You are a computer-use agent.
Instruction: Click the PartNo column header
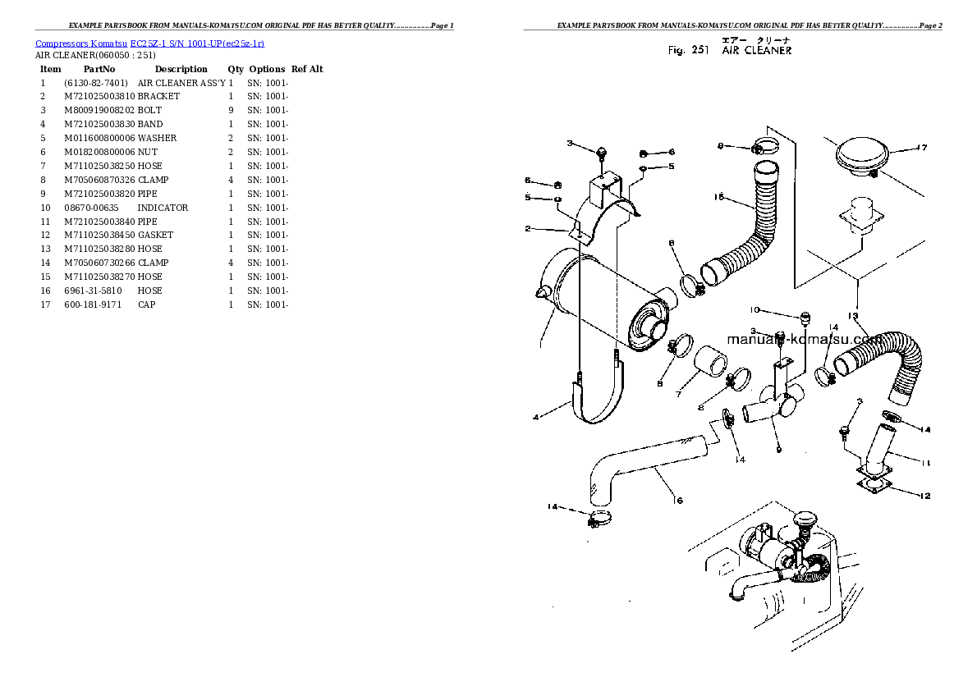(x=99, y=69)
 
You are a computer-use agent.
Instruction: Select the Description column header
(x=181, y=69)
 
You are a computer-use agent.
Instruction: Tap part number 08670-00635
(x=91, y=208)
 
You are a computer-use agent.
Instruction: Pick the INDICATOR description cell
(x=163, y=208)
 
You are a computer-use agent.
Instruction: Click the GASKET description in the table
(x=155, y=235)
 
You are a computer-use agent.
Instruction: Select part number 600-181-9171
(x=92, y=304)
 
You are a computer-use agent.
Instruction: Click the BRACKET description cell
(x=158, y=96)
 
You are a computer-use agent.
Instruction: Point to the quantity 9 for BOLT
(x=231, y=110)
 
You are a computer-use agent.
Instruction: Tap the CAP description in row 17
(x=146, y=304)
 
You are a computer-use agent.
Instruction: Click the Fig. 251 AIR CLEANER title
(x=730, y=51)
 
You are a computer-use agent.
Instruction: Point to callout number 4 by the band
(x=536, y=417)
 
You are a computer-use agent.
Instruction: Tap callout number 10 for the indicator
(x=755, y=310)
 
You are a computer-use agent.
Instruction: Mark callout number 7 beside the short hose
(x=678, y=395)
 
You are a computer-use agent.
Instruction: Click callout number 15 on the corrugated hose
(x=718, y=197)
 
